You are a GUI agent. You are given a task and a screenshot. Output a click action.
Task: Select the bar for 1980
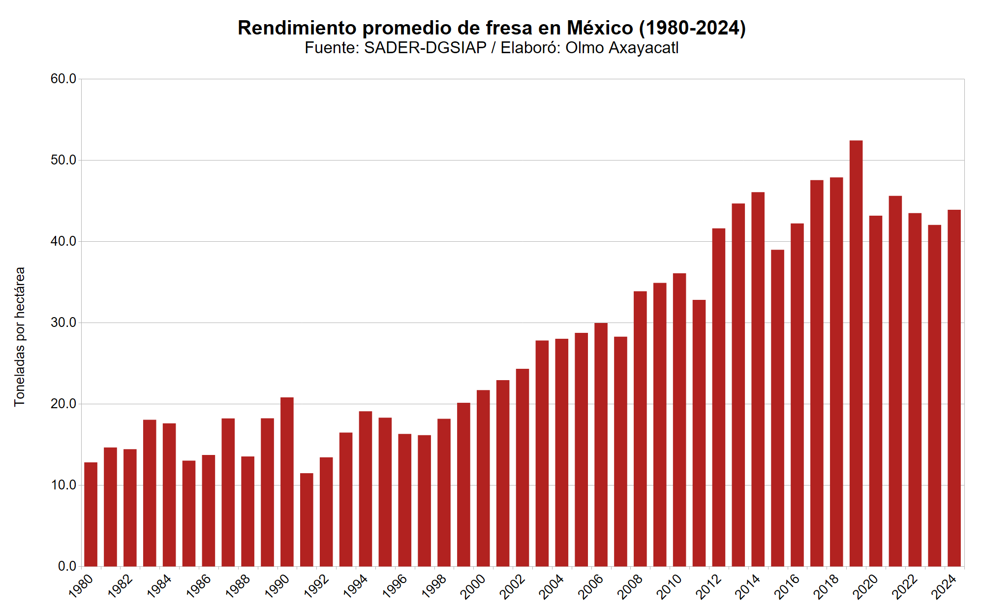click(91, 514)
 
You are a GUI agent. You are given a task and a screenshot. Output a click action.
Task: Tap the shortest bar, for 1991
click(307, 519)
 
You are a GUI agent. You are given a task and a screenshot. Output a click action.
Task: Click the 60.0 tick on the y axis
click(63, 79)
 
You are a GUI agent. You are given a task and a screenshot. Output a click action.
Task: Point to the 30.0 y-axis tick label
click(63, 323)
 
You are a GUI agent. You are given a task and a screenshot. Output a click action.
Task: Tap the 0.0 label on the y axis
click(67, 566)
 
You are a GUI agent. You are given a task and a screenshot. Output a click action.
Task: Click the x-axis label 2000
click(473, 587)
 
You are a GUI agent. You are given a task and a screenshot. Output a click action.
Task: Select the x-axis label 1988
click(238, 587)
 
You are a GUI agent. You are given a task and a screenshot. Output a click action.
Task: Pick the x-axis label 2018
click(827, 587)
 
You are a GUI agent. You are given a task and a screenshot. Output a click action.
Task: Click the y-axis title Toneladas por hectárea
click(19, 337)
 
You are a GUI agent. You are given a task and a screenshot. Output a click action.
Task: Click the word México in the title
click(599, 28)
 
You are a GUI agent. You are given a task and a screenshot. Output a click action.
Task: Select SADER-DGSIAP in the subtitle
click(425, 48)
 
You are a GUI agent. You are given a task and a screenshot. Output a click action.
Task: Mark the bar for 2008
click(640, 428)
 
